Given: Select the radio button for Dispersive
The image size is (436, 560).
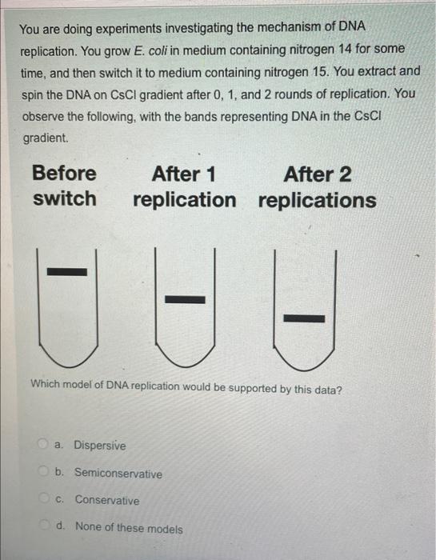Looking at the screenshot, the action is (x=43, y=444).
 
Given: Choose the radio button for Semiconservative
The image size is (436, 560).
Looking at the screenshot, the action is (x=43, y=471).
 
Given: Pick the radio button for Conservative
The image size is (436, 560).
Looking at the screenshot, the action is (x=44, y=498).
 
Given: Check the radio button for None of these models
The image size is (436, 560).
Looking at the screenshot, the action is (x=45, y=525).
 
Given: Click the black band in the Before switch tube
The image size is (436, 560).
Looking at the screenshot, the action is (x=67, y=272).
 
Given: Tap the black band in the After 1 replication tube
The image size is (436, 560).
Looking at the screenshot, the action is (x=185, y=299).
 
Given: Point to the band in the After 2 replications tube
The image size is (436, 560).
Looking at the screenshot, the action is (x=304, y=318).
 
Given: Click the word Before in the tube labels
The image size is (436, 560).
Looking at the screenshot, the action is (x=64, y=173).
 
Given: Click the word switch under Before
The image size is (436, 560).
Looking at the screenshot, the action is (x=65, y=198).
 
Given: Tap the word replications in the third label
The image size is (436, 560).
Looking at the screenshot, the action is (x=317, y=200).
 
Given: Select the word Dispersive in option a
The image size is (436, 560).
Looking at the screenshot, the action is (x=100, y=446).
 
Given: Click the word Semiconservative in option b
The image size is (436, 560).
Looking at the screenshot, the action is (x=118, y=473).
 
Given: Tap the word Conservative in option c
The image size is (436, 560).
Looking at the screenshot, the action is (x=107, y=500).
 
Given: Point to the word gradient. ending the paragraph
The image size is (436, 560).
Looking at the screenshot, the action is (x=46, y=138).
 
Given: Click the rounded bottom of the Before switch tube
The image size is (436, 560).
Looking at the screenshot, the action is (x=68, y=359).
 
